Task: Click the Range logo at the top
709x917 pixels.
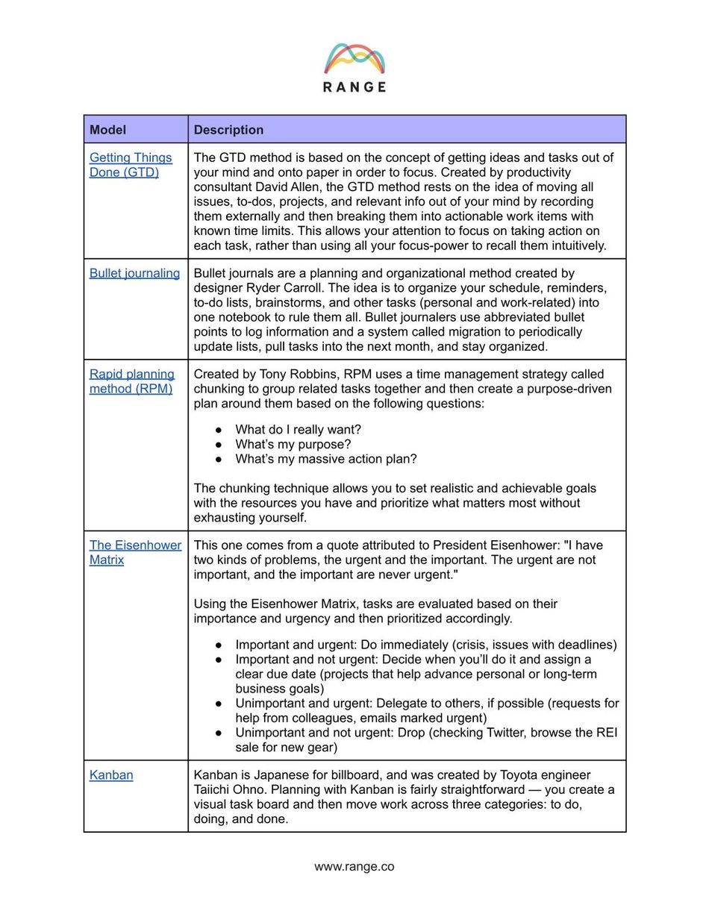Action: [x=354, y=67]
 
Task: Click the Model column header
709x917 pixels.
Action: [x=107, y=130]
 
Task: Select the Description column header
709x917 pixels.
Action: [x=228, y=130]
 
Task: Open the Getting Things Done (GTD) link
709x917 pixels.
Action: [x=131, y=165]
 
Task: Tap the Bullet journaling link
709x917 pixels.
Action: [x=134, y=273]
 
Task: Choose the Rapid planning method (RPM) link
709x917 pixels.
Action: [x=132, y=381]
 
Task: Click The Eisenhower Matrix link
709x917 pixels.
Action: [x=135, y=552]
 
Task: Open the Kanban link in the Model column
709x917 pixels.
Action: [x=111, y=774]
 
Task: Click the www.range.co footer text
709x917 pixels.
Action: [x=354, y=866]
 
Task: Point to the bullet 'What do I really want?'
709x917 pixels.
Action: [x=298, y=430]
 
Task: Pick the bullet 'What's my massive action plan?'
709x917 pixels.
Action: [x=325, y=459]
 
